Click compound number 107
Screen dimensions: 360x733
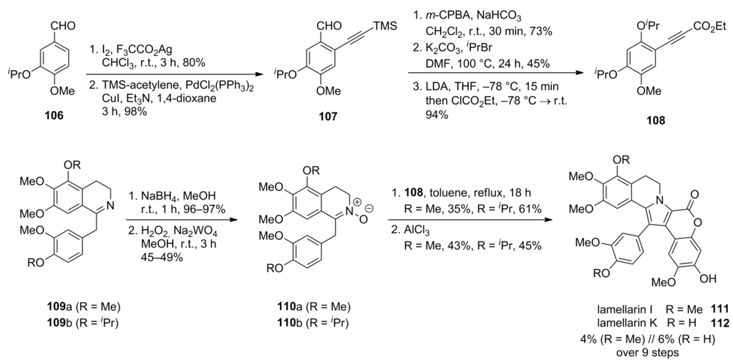pos(314,117)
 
